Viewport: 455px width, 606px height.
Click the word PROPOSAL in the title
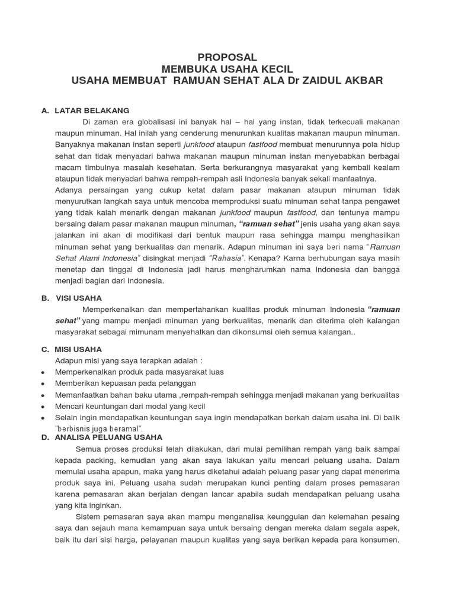click(227, 57)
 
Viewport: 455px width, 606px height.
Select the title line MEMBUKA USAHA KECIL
click(227, 69)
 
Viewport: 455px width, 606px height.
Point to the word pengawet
click(382, 202)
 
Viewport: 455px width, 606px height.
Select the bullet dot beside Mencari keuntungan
click(44, 407)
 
